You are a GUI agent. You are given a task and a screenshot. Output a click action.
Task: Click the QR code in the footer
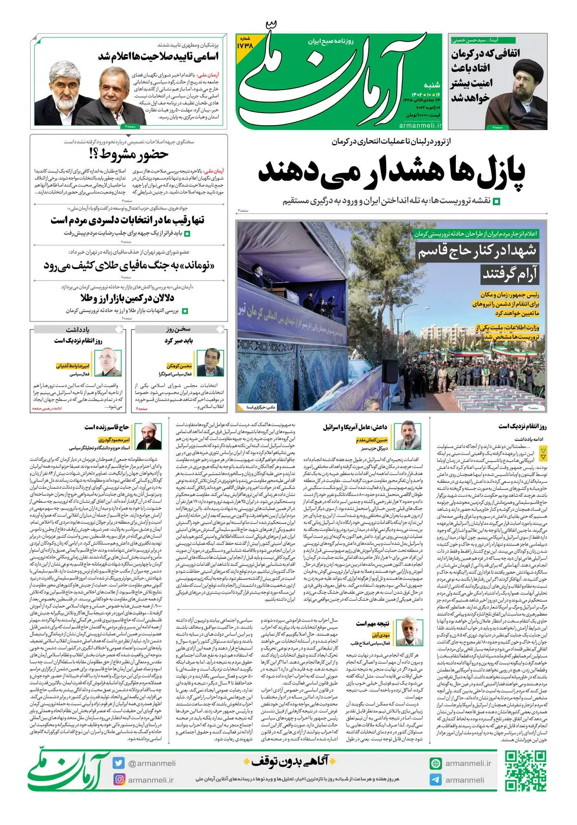525,771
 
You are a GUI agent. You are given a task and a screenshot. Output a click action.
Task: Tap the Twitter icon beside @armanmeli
119,763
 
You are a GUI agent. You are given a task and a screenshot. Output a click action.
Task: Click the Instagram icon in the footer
119,779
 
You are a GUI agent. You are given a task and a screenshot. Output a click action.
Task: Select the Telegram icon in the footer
436,780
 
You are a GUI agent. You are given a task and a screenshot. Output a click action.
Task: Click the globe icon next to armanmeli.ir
436,763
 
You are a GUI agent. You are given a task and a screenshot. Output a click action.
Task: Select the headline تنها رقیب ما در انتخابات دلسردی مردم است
127,220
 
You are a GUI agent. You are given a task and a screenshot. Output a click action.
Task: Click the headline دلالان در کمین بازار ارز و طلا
127,298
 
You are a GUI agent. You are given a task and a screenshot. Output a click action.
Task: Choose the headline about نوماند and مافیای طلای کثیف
129,265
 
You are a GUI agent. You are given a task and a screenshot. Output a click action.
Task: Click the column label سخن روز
178,329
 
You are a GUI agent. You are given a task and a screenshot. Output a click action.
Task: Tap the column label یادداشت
77,329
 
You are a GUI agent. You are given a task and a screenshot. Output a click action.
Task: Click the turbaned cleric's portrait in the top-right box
519,96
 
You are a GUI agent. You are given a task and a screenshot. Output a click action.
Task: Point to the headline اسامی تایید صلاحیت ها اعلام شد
158,56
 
